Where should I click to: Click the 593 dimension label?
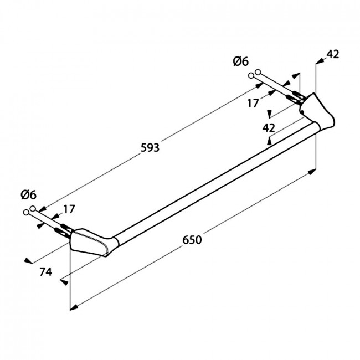click(x=150, y=148)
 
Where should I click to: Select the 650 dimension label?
click(x=192, y=240)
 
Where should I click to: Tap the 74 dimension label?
click(x=45, y=272)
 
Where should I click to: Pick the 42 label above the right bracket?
click(x=333, y=54)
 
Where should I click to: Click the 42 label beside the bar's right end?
click(x=269, y=127)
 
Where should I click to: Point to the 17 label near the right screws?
click(x=253, y=103)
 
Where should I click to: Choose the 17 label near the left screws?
click(x=69, y=209)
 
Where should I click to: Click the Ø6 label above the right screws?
click(x=241, y=61)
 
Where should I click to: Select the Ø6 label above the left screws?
click(x=29, y=195)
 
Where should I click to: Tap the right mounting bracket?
click(x=317, y=112)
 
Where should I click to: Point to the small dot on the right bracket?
click(x=303, y=112)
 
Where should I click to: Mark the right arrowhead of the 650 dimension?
click(x=312, y=172)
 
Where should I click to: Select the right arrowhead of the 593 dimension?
click(x=259, y=85)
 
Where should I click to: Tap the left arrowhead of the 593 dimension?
click(x=43, y=209)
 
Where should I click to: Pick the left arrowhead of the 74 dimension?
click(x=28, y=261)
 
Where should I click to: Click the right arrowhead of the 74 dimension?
click(x=64, y=282)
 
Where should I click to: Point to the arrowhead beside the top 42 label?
click(x=320, y=61)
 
